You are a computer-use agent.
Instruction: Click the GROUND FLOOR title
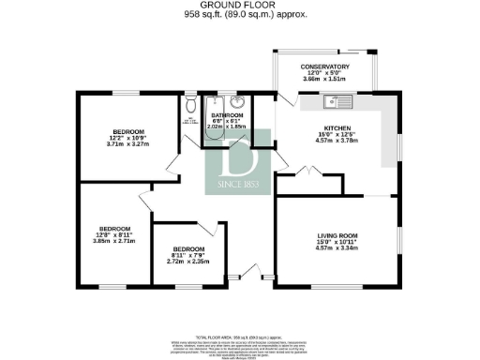[x=239, y=5]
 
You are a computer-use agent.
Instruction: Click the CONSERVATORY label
[x=324, y=67]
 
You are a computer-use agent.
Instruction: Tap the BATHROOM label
[x=226, y=115]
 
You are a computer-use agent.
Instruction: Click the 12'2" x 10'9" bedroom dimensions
[x=128, y=138]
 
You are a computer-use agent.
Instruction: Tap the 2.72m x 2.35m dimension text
[x=187, y=262]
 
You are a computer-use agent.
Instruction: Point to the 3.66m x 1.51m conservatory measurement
[x=324, y=82]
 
